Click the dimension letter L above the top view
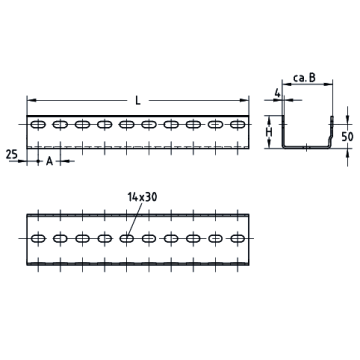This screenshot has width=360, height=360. pos(138,100)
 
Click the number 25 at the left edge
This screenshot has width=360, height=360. pos(12,155)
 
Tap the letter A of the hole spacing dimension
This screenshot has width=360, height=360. pos(49,161)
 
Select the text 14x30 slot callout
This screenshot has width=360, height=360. pos(142,197)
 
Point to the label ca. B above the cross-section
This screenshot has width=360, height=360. pos(304,78)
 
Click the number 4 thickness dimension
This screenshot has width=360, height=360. pos(277,93)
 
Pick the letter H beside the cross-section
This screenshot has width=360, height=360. pos(269,132)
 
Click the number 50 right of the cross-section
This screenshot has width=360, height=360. pos(348,137)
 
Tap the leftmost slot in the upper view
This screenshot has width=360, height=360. pos(38,125)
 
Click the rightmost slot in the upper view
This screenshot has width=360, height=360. pos(238,125)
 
